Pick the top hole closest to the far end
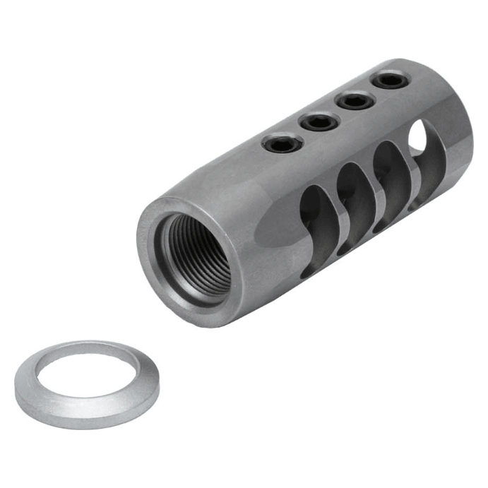391,80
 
